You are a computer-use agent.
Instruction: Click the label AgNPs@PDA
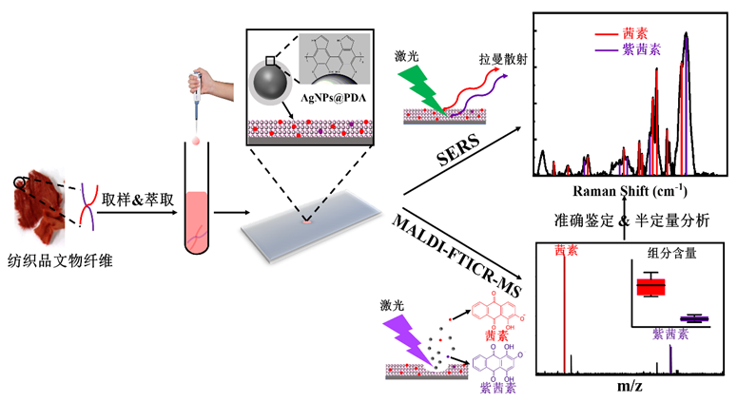pos(333,98)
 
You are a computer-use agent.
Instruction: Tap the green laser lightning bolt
pos(421,89)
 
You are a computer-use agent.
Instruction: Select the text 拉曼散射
pos(503,60)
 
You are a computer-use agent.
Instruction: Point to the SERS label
pos(457,150)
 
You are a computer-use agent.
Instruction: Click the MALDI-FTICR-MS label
pos(456,256)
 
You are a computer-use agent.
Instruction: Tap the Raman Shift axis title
pos(630,191)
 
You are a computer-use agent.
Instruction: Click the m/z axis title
pos(630,386)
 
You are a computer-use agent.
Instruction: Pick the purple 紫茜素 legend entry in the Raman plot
pos(628,49)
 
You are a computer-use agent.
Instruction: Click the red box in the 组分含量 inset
pos(651,286)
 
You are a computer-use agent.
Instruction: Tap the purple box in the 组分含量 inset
pos(694,319)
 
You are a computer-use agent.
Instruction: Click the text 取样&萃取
pos(138,200)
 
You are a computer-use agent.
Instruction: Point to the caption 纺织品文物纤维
pos(60,260)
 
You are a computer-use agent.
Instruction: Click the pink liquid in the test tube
pos(196,220)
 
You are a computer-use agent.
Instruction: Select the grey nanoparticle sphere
pos(270,81)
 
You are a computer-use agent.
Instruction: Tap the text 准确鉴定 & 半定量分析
pos(631,220)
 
